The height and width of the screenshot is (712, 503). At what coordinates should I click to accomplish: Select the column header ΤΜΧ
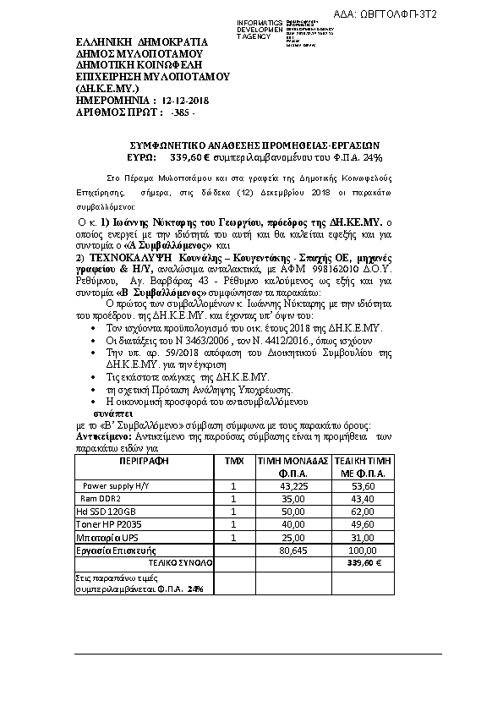point(233,462)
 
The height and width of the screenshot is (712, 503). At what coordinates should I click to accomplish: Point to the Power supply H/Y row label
point(116,486)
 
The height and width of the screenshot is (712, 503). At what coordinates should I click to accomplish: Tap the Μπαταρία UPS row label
point(105,537)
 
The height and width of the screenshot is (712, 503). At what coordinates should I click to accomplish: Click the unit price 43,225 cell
point(293,486)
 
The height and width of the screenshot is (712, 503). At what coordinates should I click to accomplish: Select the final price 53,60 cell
point(364,486)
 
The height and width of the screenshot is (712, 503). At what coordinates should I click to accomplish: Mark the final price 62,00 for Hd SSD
point(364,512)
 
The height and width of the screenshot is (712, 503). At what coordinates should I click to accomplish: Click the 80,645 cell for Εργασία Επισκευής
point(293,550)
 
